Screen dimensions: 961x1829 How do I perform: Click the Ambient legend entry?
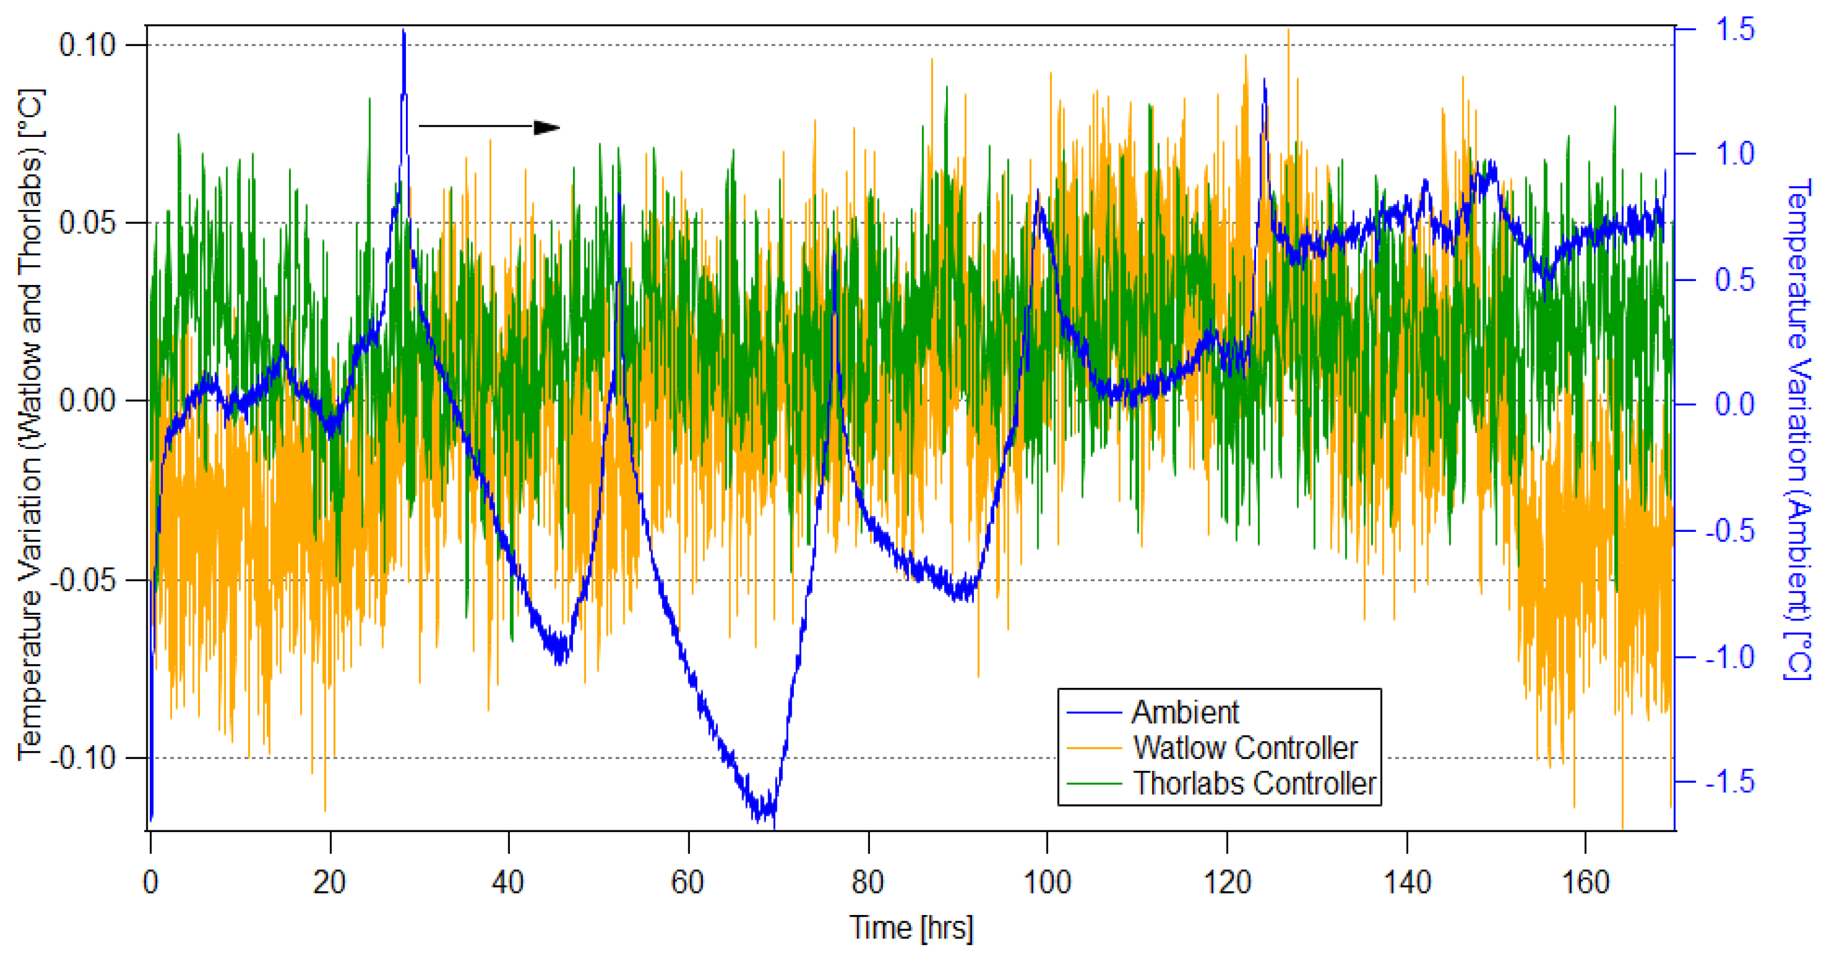1185,712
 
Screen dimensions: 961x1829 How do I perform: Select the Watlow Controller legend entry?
1245,748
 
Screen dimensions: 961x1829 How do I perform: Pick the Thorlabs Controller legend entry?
1254,783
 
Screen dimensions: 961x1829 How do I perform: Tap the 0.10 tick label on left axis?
87,45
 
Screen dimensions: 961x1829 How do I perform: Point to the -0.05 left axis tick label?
82,580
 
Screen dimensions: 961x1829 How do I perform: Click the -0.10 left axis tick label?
82,758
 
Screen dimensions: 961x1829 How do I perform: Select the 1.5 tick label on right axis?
1735,30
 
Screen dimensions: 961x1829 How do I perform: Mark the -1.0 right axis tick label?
1730,657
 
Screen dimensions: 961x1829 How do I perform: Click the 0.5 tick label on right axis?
1735,280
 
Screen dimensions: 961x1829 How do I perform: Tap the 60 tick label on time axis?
687,882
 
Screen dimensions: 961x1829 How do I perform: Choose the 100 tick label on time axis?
1047,882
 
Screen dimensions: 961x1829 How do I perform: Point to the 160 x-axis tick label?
1585,882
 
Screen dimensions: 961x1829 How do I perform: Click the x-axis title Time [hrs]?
911,928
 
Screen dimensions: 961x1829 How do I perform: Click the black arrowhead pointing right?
547,128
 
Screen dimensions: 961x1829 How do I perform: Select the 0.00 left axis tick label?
87,401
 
